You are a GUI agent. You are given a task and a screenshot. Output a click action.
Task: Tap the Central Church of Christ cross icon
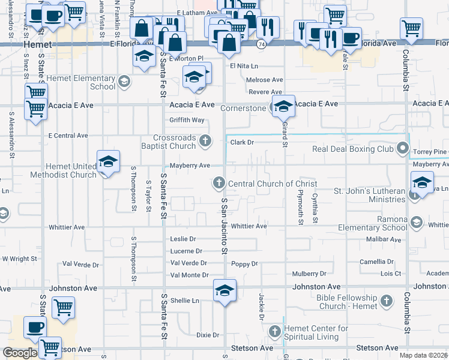(219, 182)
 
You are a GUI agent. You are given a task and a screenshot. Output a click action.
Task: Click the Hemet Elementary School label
(80, 82)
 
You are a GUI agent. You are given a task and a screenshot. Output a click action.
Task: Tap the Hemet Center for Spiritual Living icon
(275, 331)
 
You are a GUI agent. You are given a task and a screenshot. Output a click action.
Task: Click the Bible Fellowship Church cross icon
(387, 301)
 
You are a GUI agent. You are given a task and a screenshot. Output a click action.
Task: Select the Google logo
(19, 353)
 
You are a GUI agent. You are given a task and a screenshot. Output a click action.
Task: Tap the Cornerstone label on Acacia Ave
(243, 109)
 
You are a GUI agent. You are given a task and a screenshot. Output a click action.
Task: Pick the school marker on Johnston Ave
(224, 292)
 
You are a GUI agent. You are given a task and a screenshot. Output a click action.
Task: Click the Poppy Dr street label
(244, 264)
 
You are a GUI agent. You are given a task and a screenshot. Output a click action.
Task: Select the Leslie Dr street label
(183, 239)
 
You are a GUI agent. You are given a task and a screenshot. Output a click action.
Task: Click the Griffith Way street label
(187, 120)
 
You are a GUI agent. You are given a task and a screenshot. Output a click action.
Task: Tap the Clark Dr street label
(243, 143)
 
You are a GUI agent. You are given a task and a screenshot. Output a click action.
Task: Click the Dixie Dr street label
(207, 334)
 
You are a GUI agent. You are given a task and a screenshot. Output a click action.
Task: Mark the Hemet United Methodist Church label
(71, 170)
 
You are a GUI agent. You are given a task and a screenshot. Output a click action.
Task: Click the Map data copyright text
(424, 355)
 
